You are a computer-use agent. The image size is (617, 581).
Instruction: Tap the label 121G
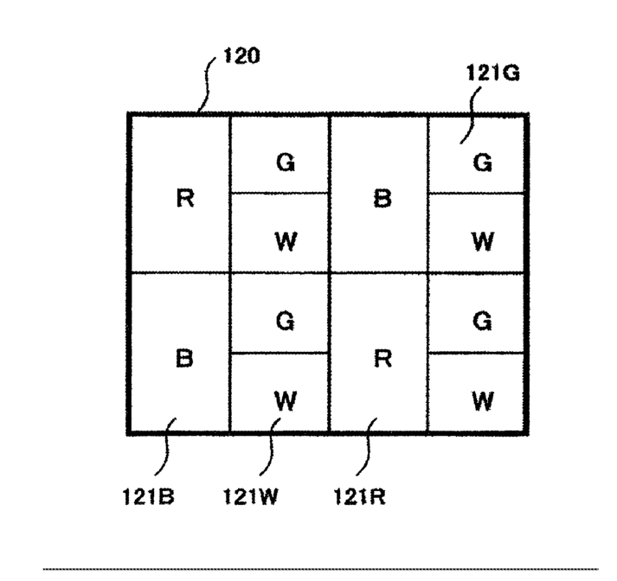point(493,73)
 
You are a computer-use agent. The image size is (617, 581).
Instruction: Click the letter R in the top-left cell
point(184,198)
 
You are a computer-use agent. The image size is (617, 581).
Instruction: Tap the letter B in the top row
point(382,198)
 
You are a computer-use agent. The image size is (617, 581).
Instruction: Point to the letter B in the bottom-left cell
point(184,358)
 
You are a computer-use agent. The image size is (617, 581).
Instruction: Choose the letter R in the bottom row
point(382,358)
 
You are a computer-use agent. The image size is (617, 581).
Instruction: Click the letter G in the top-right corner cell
point(483,162)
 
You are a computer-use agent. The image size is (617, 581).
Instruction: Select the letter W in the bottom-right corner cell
point(483,400)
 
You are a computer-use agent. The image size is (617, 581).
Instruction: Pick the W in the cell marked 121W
point(285,400)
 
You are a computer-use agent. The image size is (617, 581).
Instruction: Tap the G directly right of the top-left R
point(285,162)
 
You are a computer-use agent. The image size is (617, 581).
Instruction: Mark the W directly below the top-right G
point(483,240)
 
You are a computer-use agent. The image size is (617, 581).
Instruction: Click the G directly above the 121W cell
point(285,321)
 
